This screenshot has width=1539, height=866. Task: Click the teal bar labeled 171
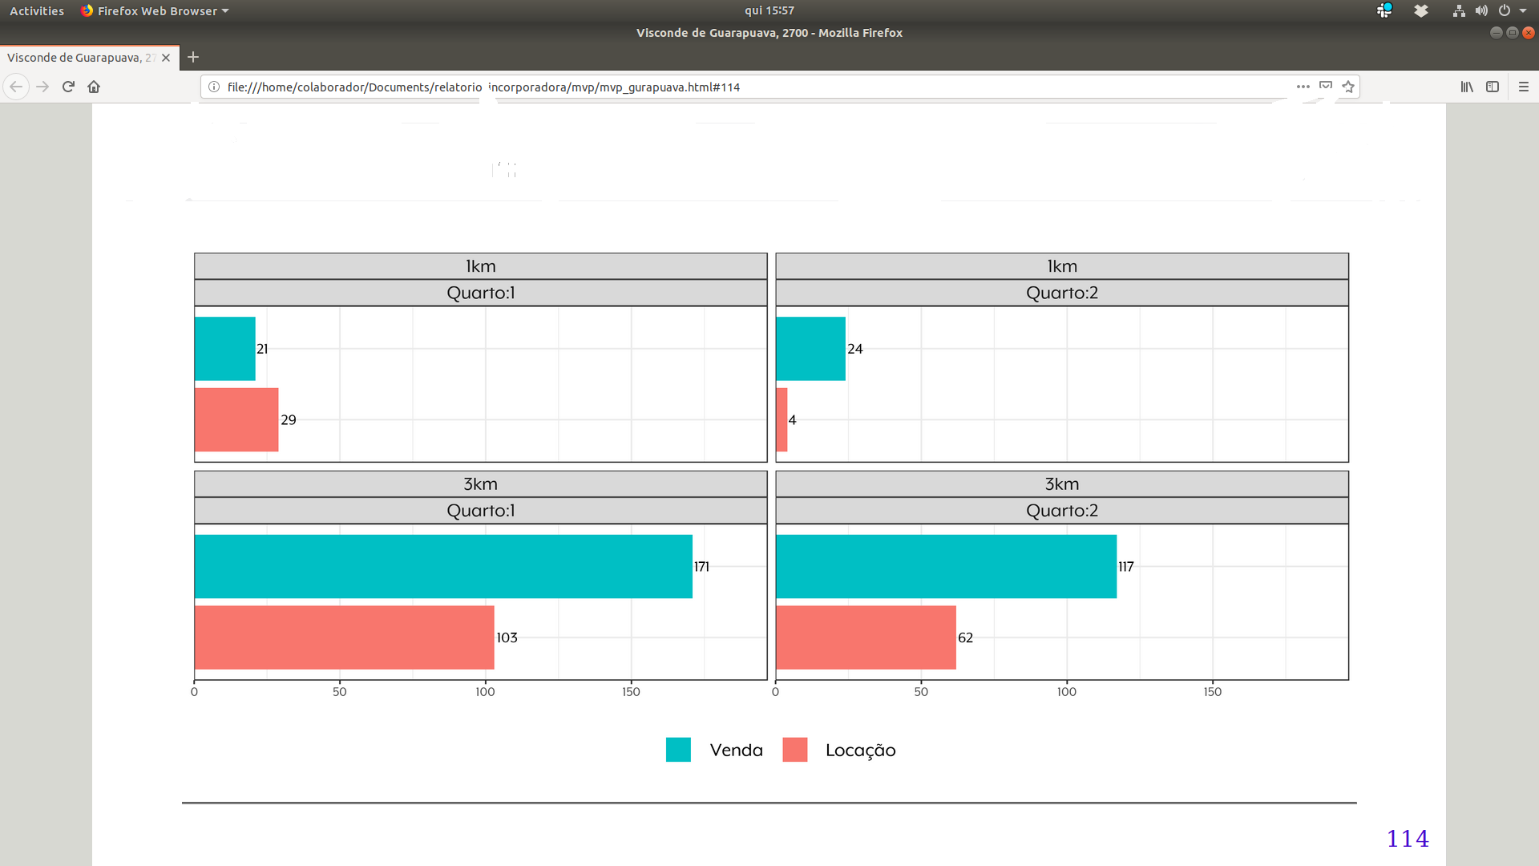pyautogui.click(x=443, y=566)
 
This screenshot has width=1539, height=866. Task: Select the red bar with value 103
pyautogui.click(x=344, y=637)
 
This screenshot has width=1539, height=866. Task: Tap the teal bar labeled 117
pyautogui.click(x=946, y=566)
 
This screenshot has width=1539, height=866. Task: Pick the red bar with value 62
pyautogui.click(x=866, y=637)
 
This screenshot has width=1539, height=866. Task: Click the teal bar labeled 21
pyautogui.click(x=224, y=349)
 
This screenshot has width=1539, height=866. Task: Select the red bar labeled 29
pyautogui.click(x=236, y=419)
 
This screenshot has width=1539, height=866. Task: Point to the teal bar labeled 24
pyautogui.click(x=810, y=349)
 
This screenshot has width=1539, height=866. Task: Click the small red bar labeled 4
pyautogui.click(x=782, y=419)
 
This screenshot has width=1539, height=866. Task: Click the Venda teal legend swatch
pyautogui.click(x=678, y=750)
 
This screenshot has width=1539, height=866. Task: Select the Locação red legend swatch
pyautogui.click(x=794, y=750)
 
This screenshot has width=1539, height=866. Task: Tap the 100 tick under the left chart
pyautogui.click(x=485, y=692)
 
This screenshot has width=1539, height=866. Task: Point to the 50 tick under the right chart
pyautogui.click(x=921, y=692)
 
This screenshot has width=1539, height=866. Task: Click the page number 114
pyautogui.click(x=1408, y=839)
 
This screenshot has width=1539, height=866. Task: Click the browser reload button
pyautogui.click(x=68, y=87)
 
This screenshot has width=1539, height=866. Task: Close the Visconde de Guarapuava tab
pyautogui.click(x=166, y=58)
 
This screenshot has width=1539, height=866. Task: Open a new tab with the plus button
pyautogui.click(x=193, y=57)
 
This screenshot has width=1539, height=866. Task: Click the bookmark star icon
pyautogui.click(x=1348, y=87)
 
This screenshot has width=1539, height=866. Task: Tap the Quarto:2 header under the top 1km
pyautogui.click(x=1061, y=293)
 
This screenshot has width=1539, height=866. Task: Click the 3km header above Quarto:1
pyautogui.click(x=480, y=484)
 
